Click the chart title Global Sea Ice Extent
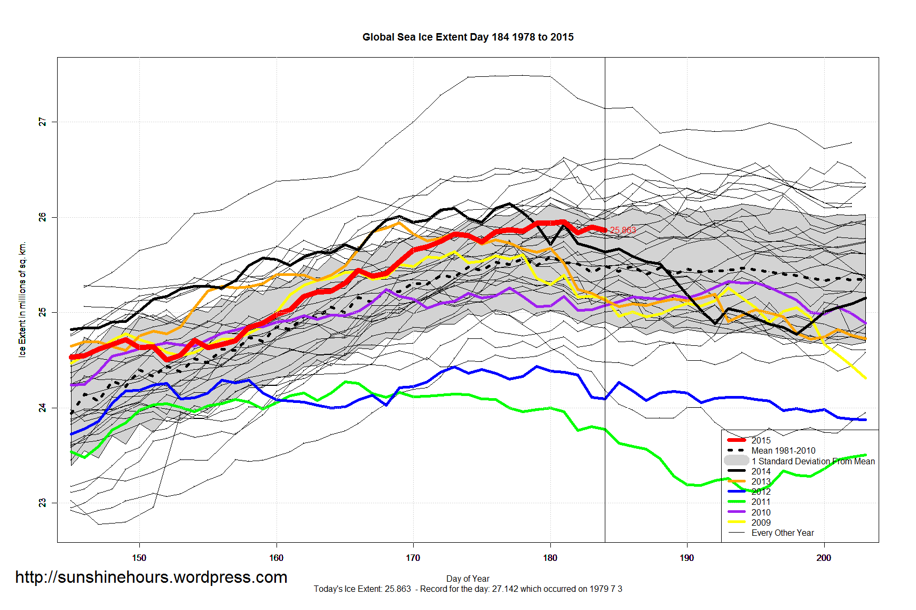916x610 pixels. click(468, 37)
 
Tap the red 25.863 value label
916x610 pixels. click(623, 231)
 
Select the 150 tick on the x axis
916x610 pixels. click(139, 558)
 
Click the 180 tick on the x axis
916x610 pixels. click(550, 558)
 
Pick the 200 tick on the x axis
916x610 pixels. click(824, 558)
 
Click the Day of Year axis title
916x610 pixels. click(468, 579)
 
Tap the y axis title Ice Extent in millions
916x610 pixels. click(22, 299)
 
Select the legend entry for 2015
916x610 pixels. click(761, 440)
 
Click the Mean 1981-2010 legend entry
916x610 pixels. click(783, 450)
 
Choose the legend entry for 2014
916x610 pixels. click(761, 471)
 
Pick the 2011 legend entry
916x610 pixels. click(761, 502)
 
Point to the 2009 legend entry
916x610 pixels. click(761, 522)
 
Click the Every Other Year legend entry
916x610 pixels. click(783, 533)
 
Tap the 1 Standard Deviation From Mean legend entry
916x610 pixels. click(812, 461)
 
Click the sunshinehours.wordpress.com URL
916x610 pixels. click(151, 577)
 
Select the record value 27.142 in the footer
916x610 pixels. click(504, 589)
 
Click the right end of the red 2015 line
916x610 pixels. click(605, 230)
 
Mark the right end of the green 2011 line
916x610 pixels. click(865, 455)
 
